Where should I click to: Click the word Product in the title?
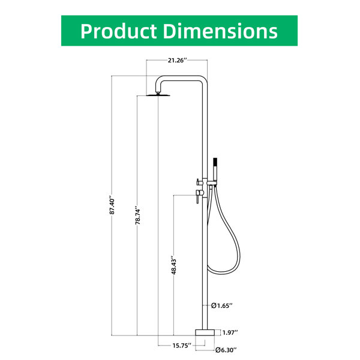118,31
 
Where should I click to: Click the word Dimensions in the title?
220,31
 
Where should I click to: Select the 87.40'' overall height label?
112,205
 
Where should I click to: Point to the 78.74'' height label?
137,215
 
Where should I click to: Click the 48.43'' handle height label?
173,265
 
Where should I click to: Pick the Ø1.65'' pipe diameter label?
222,305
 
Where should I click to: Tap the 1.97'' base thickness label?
230,332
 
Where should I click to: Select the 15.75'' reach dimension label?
182,346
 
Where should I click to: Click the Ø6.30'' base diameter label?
226,350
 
